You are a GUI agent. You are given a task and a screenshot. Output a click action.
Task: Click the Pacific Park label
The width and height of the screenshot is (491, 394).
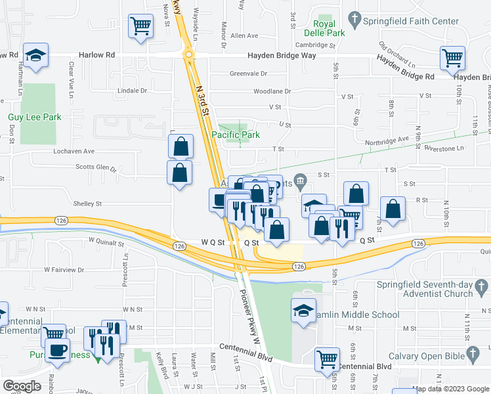(x=236, y=135)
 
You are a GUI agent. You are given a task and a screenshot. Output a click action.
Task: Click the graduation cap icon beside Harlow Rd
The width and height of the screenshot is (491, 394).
(x=36, y=56)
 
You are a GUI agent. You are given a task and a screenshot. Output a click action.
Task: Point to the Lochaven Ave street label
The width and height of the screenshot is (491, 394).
(x=74, y=151)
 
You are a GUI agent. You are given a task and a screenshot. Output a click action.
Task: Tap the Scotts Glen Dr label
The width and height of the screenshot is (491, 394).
(x=96, y=168)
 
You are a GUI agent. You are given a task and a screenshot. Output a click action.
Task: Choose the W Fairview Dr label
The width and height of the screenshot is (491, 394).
(x=64, y=269)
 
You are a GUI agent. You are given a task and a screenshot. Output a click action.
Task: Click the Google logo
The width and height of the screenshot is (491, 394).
(x=22, y=386)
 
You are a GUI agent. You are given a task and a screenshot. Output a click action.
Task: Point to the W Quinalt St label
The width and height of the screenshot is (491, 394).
(x=102, y=243)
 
